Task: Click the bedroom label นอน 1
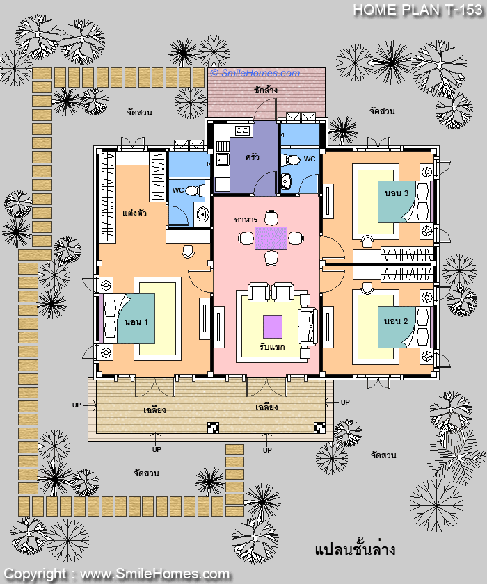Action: (136, 322)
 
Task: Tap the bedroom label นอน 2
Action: (396, 321)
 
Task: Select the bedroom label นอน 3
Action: (397, 193)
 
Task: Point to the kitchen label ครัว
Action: (253, 157)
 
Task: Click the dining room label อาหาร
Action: (246, 220)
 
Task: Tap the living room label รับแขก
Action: (272, 346)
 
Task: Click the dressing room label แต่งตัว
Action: (134, 213)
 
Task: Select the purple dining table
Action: (271, 238)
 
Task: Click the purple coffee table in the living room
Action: (273, 327)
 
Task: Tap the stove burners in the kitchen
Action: (242, 131)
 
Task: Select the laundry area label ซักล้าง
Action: (266, 90)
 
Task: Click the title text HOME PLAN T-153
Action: (417, 10)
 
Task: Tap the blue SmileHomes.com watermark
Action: (255, 73)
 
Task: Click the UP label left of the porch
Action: (77, 405)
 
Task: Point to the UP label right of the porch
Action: (345, 403)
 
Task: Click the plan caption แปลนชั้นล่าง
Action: (355, 549)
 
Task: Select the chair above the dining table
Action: (271, 218)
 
